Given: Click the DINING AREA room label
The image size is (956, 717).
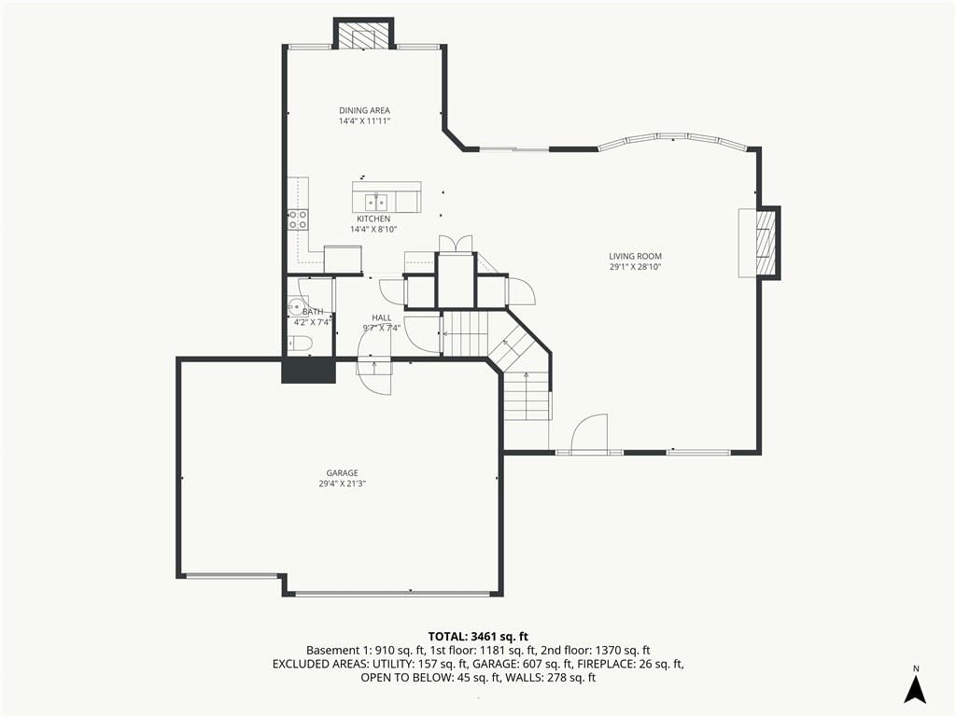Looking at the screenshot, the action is [365, 110].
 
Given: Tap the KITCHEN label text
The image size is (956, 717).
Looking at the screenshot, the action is [373, 218].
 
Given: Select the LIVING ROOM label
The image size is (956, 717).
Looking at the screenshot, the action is [635, 257].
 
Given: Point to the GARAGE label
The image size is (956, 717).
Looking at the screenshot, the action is [342, 473].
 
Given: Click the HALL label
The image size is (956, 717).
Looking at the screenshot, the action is [382, 317].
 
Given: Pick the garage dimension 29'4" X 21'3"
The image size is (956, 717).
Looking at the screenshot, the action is [342, 485].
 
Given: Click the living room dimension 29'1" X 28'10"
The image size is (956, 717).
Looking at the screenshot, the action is [635, 267].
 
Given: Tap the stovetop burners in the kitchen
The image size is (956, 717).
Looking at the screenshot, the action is [298, 220].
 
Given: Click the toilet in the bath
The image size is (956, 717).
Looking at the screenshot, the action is [300, 344].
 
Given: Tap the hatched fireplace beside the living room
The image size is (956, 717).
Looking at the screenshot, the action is [766, 243].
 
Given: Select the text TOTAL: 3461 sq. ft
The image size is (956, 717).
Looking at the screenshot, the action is [478, 637].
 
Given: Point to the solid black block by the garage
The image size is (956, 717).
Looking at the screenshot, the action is [308, 370].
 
